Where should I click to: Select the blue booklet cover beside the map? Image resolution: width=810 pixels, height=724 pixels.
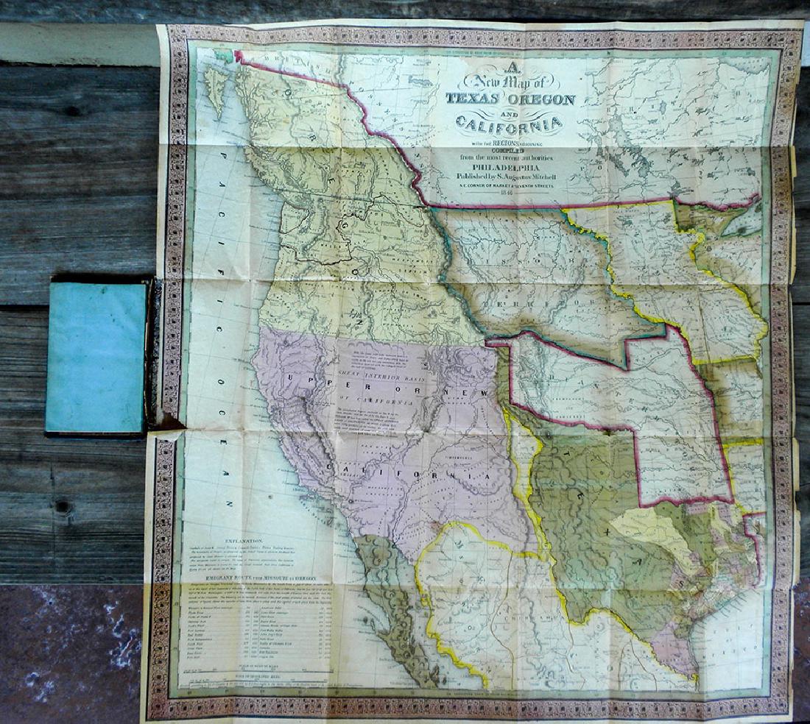click(95, 357)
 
